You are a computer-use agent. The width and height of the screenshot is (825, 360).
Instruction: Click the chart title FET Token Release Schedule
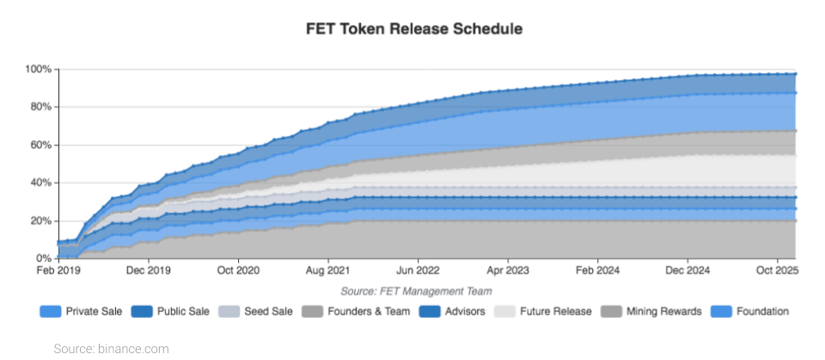coord(414,28)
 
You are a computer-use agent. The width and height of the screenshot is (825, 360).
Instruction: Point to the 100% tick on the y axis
coord(40,69)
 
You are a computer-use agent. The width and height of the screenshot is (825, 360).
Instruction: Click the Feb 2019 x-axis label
coord(58,272)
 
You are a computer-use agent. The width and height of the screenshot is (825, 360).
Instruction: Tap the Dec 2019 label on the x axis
coord(148,272)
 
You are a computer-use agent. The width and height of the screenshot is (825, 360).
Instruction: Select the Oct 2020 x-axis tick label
coord(238,272)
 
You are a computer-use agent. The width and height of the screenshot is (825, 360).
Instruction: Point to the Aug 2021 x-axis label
coord(327,272)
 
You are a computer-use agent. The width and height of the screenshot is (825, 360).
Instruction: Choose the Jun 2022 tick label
coord(418,272)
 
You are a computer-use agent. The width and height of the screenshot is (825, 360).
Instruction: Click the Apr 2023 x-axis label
coord(508,272)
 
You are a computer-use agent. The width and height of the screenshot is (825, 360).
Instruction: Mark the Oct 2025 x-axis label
coord(777,272)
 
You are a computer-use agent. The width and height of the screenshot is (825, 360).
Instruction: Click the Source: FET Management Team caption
coord(413,291)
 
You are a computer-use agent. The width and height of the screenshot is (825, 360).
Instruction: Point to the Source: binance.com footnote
coord(111,348)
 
